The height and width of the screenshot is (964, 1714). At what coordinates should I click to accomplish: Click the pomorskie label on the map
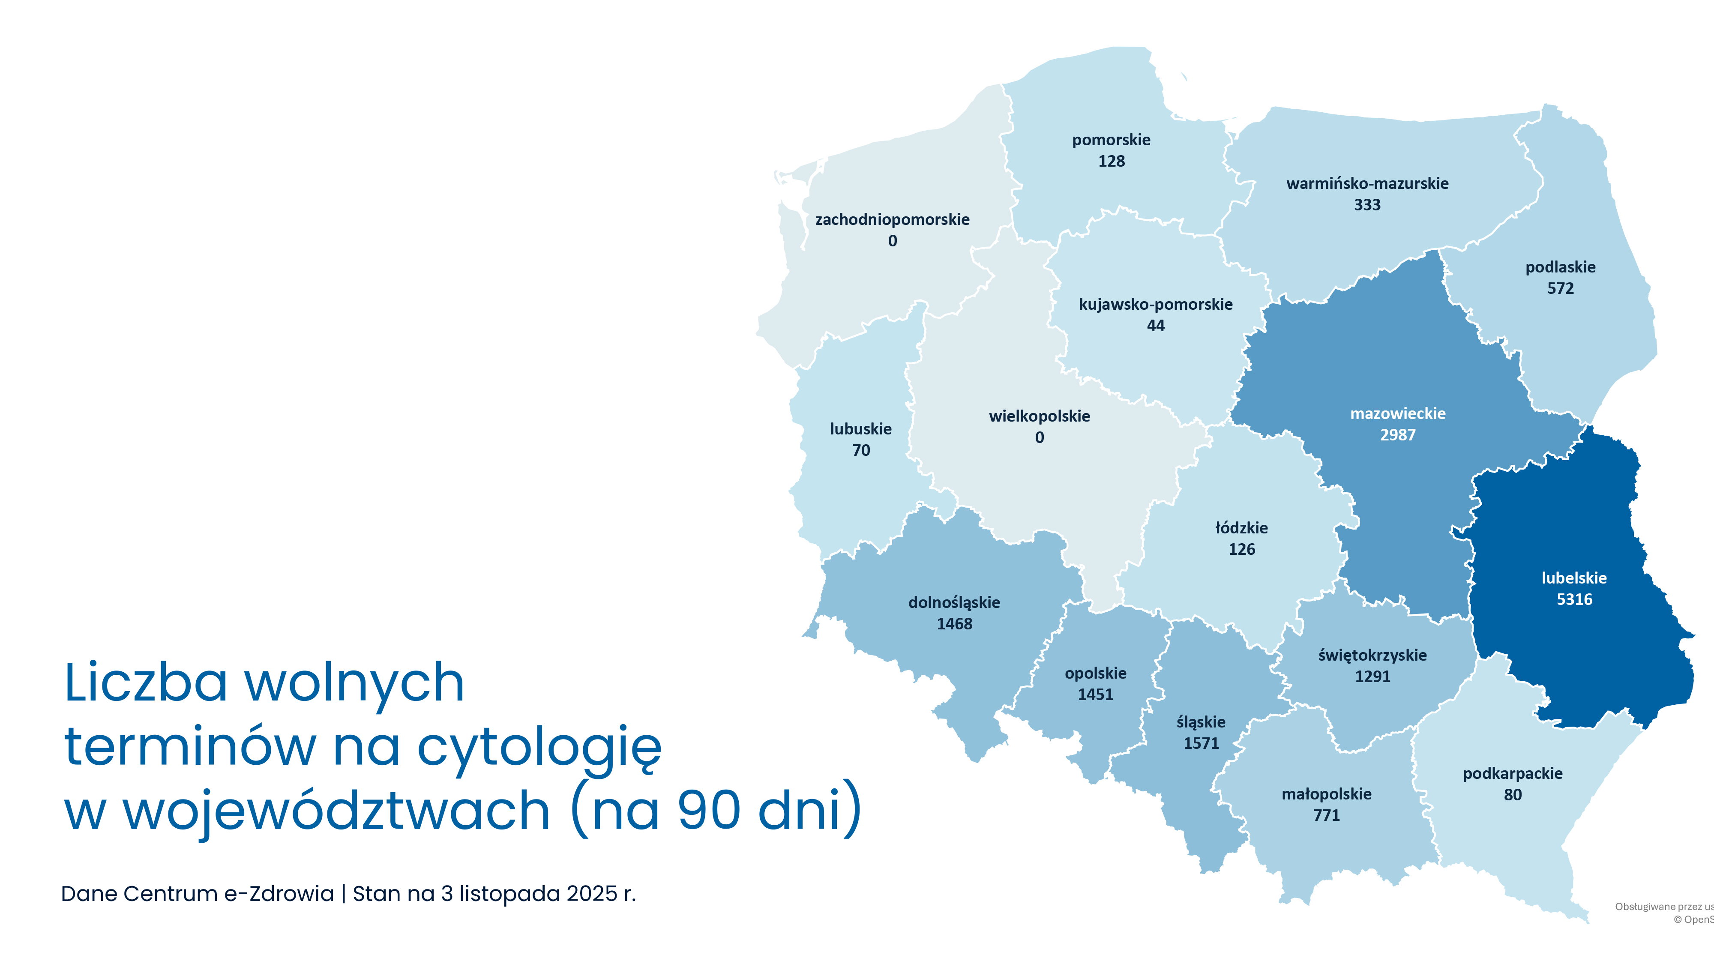pyautogui.click(x=1111, y=140)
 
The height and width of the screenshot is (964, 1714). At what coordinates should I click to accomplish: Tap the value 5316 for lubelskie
pyautogui.click(x=1574, y=599)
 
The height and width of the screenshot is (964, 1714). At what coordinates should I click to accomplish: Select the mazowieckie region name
pyautogui.click(x=1397, y=414)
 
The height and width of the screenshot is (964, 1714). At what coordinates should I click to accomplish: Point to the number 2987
pyautogui.click(x=1397, y=435)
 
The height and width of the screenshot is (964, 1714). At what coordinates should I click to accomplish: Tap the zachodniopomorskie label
pyautogui.click(x=892, y=219)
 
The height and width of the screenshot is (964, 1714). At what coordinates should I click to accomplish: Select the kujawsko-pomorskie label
pyautogui.click(x=1155, y=305)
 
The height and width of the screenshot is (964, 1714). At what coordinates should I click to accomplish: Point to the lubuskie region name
pyautogui.click(x=860, y=429)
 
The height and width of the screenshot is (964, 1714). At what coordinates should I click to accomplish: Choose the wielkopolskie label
pyautogui.click(x=1039, y=416)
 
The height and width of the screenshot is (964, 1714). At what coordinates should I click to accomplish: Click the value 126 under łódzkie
pyautogui.click(x=1242, y=550)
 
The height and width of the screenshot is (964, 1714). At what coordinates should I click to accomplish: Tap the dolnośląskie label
pyautogui.click(x=954, y=603)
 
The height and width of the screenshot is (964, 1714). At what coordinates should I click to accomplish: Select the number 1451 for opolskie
pyautogui.click(x=1095, y=695)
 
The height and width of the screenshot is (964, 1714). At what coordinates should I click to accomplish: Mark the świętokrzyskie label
pyautogui.click(x=1372, y=656)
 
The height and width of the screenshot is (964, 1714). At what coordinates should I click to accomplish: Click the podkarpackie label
pyautogui.click(x=1513, y=774)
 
